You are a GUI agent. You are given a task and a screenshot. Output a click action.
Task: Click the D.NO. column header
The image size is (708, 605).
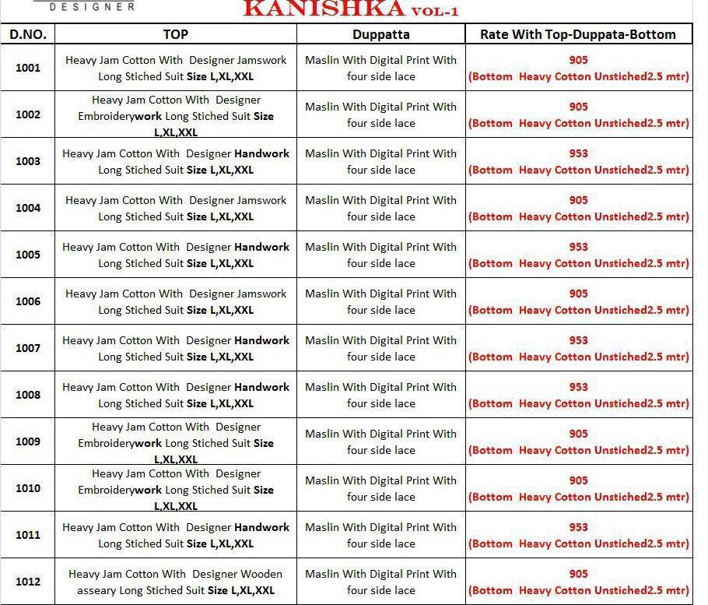tap(28, 34)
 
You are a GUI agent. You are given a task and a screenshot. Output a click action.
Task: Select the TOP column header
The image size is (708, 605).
tap(176, 34)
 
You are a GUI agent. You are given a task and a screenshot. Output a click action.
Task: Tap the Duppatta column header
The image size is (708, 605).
tap(380, 34)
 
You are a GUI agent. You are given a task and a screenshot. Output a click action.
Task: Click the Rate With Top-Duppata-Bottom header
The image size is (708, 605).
tap(578, 34)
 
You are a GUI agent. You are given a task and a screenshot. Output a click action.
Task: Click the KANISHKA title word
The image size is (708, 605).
tap(324, 9)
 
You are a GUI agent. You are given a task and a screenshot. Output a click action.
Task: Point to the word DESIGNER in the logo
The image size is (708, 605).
tap(92, 6)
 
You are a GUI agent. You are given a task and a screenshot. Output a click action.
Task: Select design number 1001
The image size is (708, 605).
tap(28, 68)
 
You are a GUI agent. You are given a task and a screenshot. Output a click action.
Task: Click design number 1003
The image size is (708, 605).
tap(28, 161)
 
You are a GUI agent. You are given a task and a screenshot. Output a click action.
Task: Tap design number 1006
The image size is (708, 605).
tap(28, 301)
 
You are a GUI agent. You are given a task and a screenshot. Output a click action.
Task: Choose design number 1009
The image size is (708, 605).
tap(28, 441)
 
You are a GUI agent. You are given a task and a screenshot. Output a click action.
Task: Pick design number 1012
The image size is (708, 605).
tap(28, 582)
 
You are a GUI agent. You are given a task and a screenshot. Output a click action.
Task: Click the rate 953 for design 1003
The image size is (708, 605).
tap(578, 153)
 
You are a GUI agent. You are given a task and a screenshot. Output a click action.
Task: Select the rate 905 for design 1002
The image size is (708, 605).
tap(578, 107)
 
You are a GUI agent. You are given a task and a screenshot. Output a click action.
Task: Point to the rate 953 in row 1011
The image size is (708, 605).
tap(578, 527)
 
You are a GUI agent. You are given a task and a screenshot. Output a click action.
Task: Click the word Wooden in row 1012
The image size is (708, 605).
tap(261, 574)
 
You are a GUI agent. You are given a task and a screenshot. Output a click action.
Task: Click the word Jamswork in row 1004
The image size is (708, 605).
tap(261, 200)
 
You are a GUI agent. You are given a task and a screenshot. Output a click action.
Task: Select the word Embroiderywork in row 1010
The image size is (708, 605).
tap(120, 490)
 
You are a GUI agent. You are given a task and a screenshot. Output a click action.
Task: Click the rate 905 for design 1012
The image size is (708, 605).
tap(578, 574)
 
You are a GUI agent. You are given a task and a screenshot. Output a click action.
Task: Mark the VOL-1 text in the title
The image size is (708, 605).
tap(435, 11)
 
